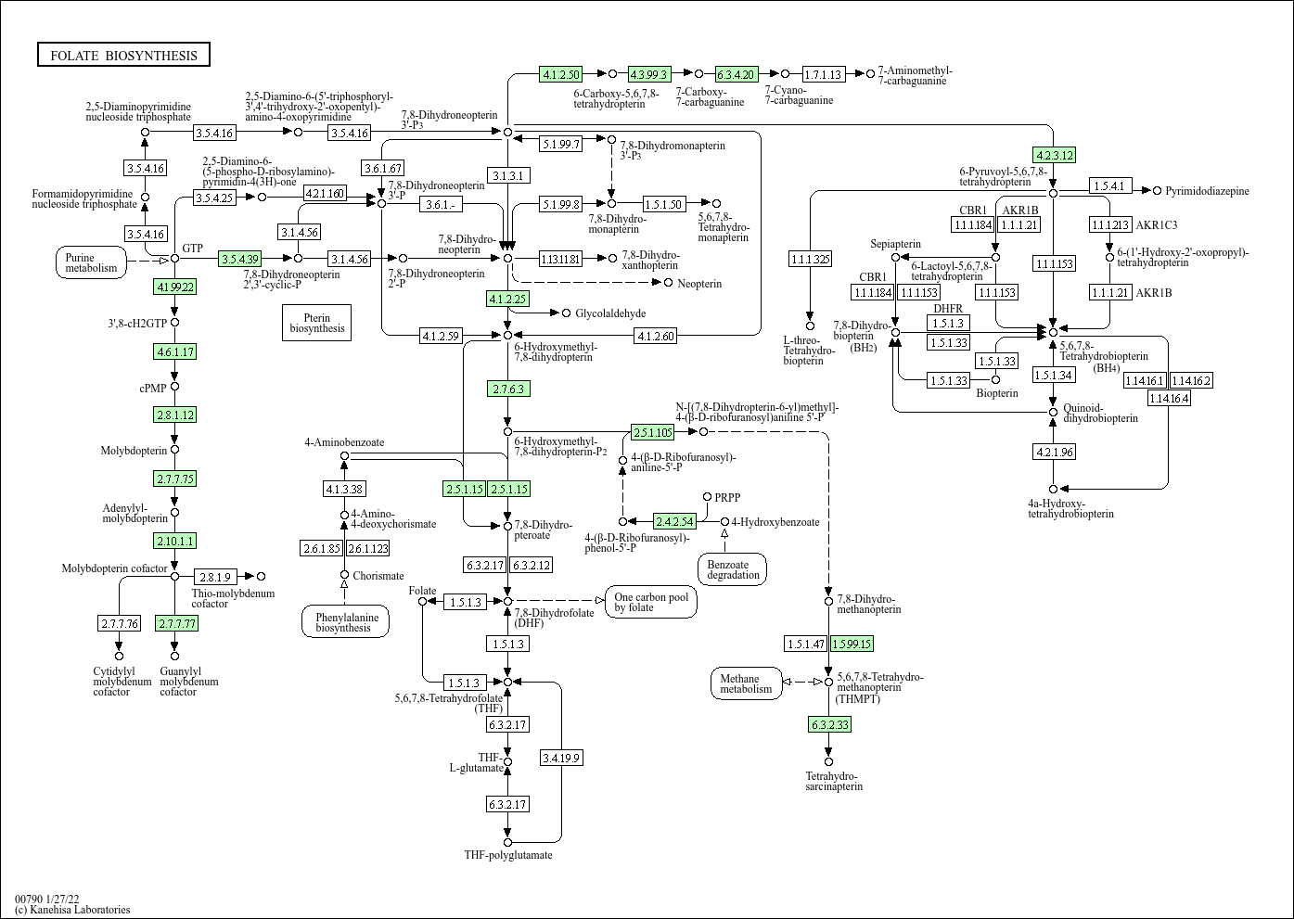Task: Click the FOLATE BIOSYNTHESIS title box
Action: coord(123,55)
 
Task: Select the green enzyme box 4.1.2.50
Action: coord(561,74)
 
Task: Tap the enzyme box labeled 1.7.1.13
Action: coord(823,74)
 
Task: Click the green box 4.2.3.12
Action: coord(1054,155)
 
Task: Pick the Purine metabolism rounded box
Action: coord(92,262)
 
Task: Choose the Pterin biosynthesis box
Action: coord(316,322)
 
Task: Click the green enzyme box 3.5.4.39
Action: coord(240,259)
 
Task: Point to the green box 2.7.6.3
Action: coord(508,389)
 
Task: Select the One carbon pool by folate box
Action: coord(651,602)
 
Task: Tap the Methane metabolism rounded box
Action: coord(746,683)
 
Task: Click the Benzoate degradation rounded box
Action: coord(733,569)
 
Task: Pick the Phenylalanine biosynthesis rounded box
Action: coord(345,621)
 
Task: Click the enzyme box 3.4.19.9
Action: coord(561,758)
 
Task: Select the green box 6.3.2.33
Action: coord(829,724)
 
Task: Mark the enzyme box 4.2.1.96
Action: coord(1054,452)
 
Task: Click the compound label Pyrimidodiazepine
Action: coord(1207,191)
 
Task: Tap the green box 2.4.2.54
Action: coord(674,521)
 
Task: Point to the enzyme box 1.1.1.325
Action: coord(810,259)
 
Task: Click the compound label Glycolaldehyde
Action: coord(610,313)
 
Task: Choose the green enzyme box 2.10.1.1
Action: coord(175,541)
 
